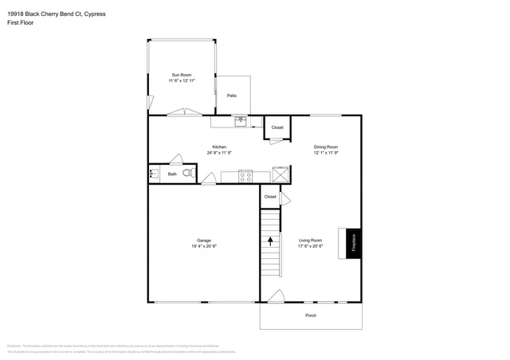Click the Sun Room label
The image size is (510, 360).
tap(181, 75)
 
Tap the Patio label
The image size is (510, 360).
tap(232, 96)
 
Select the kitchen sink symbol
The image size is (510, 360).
tap(240, 121)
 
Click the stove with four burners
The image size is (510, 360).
tap(245, 176)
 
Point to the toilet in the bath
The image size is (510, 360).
tap(188, 173)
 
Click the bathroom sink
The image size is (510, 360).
tap(154, 173)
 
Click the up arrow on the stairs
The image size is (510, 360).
tap(271, 240)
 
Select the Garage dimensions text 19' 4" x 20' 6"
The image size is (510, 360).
tap(203, 246)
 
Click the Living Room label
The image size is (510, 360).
tap(310, 240)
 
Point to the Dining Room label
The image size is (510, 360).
tap(325, 147)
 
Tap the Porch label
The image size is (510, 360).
tap(311, 315)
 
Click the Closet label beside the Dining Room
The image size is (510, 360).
tap(277, 127)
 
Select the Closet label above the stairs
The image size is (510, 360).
tap(270, 196)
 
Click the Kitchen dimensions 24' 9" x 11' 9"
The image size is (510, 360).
tap(220, 152)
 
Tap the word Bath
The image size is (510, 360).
tap(172, 174)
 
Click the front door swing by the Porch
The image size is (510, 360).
tap(275, 296)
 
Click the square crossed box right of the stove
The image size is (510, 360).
tap(280, 175)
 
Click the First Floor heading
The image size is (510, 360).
tap(23, 22)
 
